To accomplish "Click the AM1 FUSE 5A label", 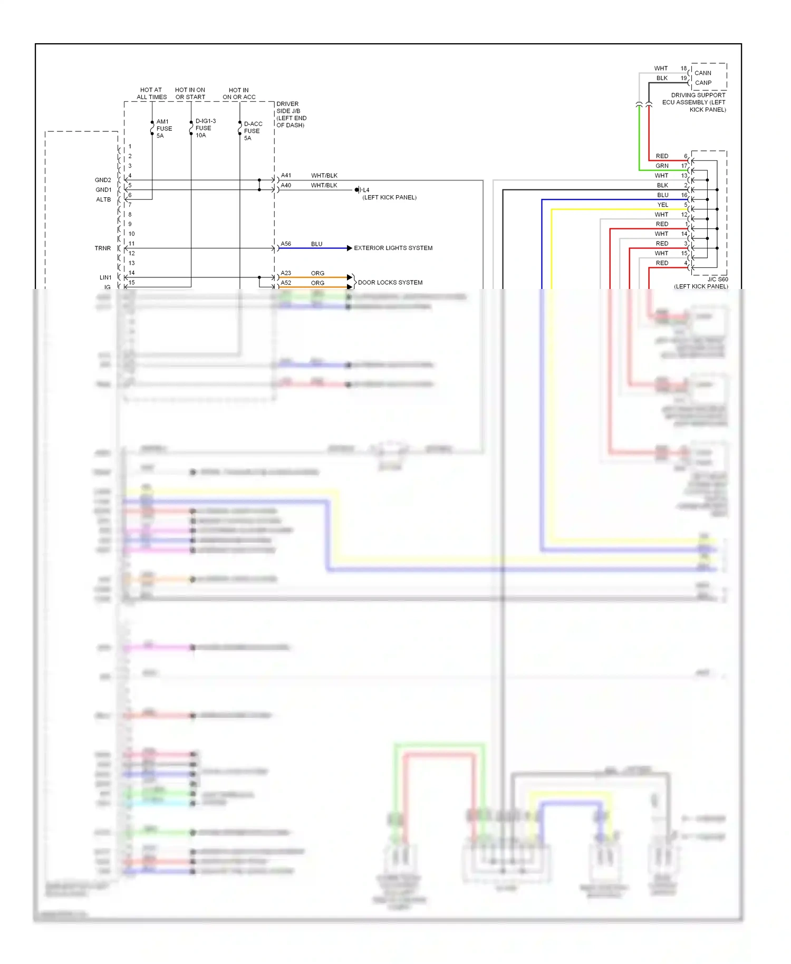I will coord(164,129).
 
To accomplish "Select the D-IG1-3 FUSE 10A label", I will coord(205,128).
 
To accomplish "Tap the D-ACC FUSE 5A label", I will coord(253,131).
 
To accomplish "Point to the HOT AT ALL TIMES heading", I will coord(151,93).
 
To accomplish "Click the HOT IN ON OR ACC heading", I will coord(239,93).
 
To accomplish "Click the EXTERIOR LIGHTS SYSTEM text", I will coord(393,248).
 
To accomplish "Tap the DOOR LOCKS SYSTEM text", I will coord(390,283).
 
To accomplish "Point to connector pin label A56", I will coord(286,244).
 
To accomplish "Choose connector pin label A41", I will coord(286,176).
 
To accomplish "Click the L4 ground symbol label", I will coord(366,190).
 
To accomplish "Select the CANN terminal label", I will coord(702,73).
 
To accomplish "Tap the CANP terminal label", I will coord(703,83).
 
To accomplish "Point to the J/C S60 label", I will coord(717,279).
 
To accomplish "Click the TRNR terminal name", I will coord(103,248).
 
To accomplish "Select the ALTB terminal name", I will coord(103,200).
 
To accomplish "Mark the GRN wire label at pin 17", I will coord(662,166).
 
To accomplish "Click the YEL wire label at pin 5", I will coord(663,205).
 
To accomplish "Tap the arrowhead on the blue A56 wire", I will coord(349,248).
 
